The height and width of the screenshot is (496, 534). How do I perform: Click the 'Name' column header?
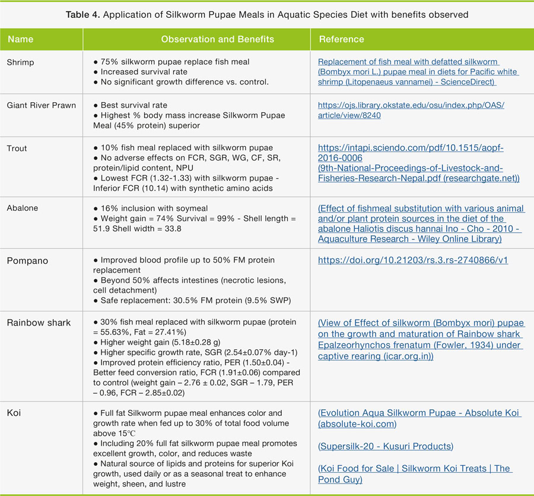point(21,39)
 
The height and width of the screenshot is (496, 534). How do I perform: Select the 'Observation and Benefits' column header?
point(218,39)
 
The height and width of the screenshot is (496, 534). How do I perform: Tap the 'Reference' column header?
point(342,39)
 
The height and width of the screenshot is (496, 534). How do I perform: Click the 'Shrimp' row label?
point(21,62)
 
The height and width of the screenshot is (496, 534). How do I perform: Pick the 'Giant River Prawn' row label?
point(42,105)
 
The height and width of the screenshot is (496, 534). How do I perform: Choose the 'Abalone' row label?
point(22,208)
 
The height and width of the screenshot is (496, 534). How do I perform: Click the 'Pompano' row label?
point(27,261)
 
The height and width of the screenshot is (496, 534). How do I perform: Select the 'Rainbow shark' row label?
point(39,323)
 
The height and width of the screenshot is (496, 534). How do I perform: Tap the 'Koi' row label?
point(14,413)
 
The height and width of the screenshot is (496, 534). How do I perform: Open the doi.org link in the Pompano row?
point(413,260)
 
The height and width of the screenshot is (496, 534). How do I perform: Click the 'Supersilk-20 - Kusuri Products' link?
point(385,446)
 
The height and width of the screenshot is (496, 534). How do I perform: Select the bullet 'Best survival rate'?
point(134,105)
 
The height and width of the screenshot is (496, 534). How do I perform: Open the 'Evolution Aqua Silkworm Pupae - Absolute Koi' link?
point(419,413)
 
